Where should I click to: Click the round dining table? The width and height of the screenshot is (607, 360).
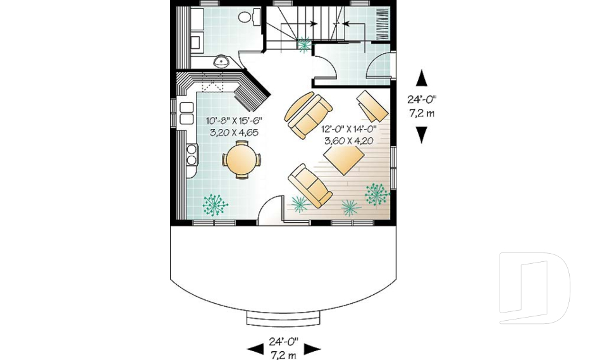(241, 159)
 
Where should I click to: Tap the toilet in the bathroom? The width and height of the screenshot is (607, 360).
(251, 16)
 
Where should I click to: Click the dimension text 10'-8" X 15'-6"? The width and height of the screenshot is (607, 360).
(233, 120)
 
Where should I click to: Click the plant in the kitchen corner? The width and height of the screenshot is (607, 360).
(215, 204)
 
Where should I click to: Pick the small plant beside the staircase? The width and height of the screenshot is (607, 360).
(305, 44)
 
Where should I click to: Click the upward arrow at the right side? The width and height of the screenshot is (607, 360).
(422, 78)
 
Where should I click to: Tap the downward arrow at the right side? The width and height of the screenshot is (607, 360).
(422, 135)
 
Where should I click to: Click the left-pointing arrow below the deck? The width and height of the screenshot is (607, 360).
(255, 349)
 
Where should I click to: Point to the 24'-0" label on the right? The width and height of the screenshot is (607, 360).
(422, 100)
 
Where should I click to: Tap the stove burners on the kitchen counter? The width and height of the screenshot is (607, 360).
(191, 154)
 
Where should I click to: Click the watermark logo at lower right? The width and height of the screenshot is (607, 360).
(534, 288)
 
